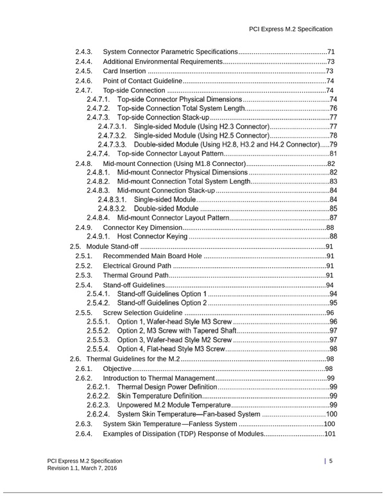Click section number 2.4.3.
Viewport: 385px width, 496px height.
click(x=84, y=51)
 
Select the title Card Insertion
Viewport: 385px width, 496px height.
click(x=124, y=71)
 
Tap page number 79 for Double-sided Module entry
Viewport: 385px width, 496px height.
click(x=333, y=145)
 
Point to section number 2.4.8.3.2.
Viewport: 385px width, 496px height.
click(x=113, y=208)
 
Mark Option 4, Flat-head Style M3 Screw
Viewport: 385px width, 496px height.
click(x=171, y=349)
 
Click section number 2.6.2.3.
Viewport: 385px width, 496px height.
click(x=98, y=405)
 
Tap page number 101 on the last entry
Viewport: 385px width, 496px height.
click(x=330, y=434)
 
